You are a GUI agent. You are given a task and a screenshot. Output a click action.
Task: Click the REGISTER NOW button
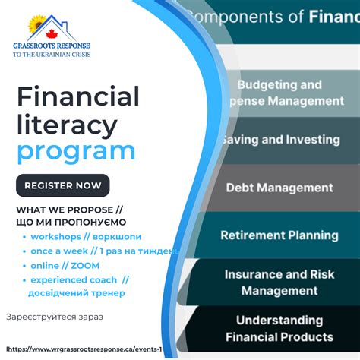(63, 185)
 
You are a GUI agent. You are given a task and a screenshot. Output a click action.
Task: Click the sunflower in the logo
(36, 24)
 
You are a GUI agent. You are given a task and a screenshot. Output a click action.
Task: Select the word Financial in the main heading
(78, 96)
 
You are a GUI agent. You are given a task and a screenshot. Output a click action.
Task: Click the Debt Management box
(279, 188)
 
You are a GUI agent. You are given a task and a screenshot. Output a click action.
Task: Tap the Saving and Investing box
(279, 140)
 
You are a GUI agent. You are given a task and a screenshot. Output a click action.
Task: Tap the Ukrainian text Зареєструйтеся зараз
(54, 316)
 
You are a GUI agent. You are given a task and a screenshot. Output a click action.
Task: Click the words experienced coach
(74, 279)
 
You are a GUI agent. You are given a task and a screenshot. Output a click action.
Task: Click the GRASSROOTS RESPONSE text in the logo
(52, 46)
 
